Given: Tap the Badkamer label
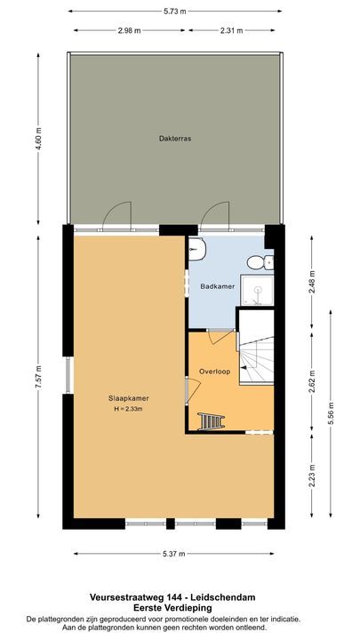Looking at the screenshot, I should [x=216, y=286].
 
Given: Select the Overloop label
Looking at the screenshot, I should [x=216, y=372].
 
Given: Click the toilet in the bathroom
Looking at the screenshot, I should [x=258, y=261].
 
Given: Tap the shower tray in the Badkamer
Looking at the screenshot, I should [x=258, y=287].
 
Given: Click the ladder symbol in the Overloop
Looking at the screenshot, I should [x=212, y=420].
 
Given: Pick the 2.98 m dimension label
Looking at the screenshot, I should [x=130, y=32].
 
